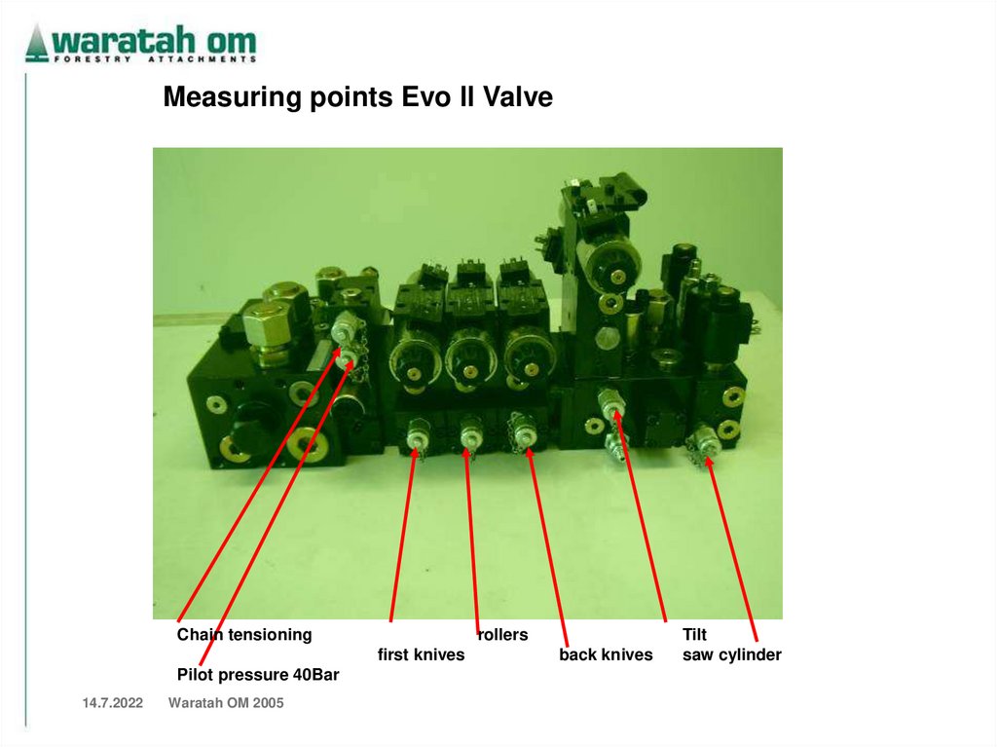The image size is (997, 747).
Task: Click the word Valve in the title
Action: coord(518,97)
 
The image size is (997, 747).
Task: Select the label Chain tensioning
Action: coord(244,635)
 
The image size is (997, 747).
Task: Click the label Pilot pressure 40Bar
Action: coord(258,675)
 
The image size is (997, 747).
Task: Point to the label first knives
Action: coord(421,654)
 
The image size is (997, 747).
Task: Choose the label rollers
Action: coord(503,634)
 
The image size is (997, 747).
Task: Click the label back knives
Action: coord(606,654)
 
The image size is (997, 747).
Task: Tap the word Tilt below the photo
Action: coord(694,634)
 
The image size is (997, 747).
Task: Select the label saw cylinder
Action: coord(732,654)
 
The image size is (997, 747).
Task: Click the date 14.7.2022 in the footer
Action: coord(113,703)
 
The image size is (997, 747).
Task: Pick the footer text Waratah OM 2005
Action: coord(226,703)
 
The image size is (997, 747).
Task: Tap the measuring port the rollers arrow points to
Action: coord(470,436)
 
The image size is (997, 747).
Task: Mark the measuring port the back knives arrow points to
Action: coord(525,435)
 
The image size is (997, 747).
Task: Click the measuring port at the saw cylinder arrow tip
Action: coord(705,440)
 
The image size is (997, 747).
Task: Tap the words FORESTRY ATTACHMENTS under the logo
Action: coord(155,59)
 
